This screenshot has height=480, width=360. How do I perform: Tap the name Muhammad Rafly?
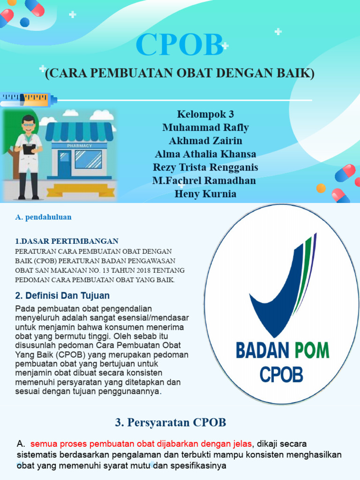click(x=205, y=127)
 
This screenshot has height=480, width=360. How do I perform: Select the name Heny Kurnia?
click(x=205, y=194)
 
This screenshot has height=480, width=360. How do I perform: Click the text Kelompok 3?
click(x=205, y=114)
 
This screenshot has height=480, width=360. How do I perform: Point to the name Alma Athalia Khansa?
click(x=205, y=154)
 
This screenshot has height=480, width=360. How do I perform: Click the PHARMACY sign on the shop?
click(x=79, y=146)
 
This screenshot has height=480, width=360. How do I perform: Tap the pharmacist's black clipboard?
click(x=29, y=149)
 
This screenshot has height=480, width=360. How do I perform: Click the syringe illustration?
click(x=28, y=99)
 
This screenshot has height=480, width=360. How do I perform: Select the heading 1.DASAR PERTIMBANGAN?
click(x=67, y=241)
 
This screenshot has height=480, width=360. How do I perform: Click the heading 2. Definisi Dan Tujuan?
click(x=62, y=296)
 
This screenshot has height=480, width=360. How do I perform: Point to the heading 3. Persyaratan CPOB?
click(x=171, y=422)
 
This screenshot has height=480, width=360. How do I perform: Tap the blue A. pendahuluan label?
click(x=43, y=217)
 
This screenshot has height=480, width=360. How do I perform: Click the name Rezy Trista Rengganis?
click(x=205, y=167)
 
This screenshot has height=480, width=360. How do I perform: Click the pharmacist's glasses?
click(x=29, y=125)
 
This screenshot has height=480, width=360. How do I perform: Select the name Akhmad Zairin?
click(x=205, y=141)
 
